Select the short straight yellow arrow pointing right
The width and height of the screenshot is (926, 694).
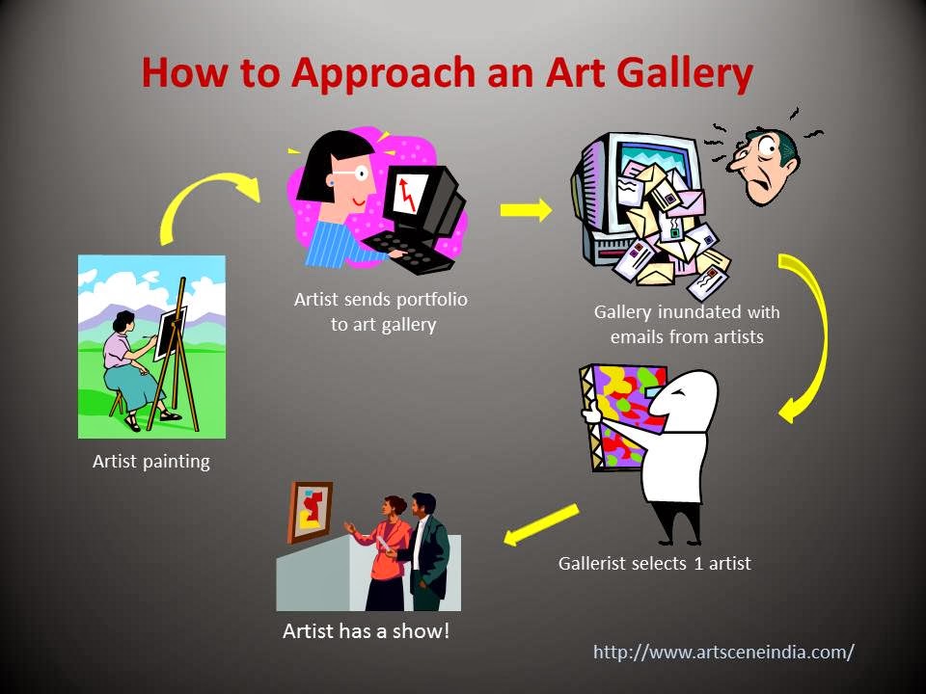point(526,210)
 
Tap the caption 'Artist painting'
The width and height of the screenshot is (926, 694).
point(150,461)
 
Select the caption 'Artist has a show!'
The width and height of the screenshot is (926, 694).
point(366,632)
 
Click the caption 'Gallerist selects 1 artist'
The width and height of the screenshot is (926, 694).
point(654,563)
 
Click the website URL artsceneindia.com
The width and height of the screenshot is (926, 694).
point(723,652)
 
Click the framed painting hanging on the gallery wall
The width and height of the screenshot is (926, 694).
point(310,512)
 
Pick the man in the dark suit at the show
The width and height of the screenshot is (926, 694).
point(425,554)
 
